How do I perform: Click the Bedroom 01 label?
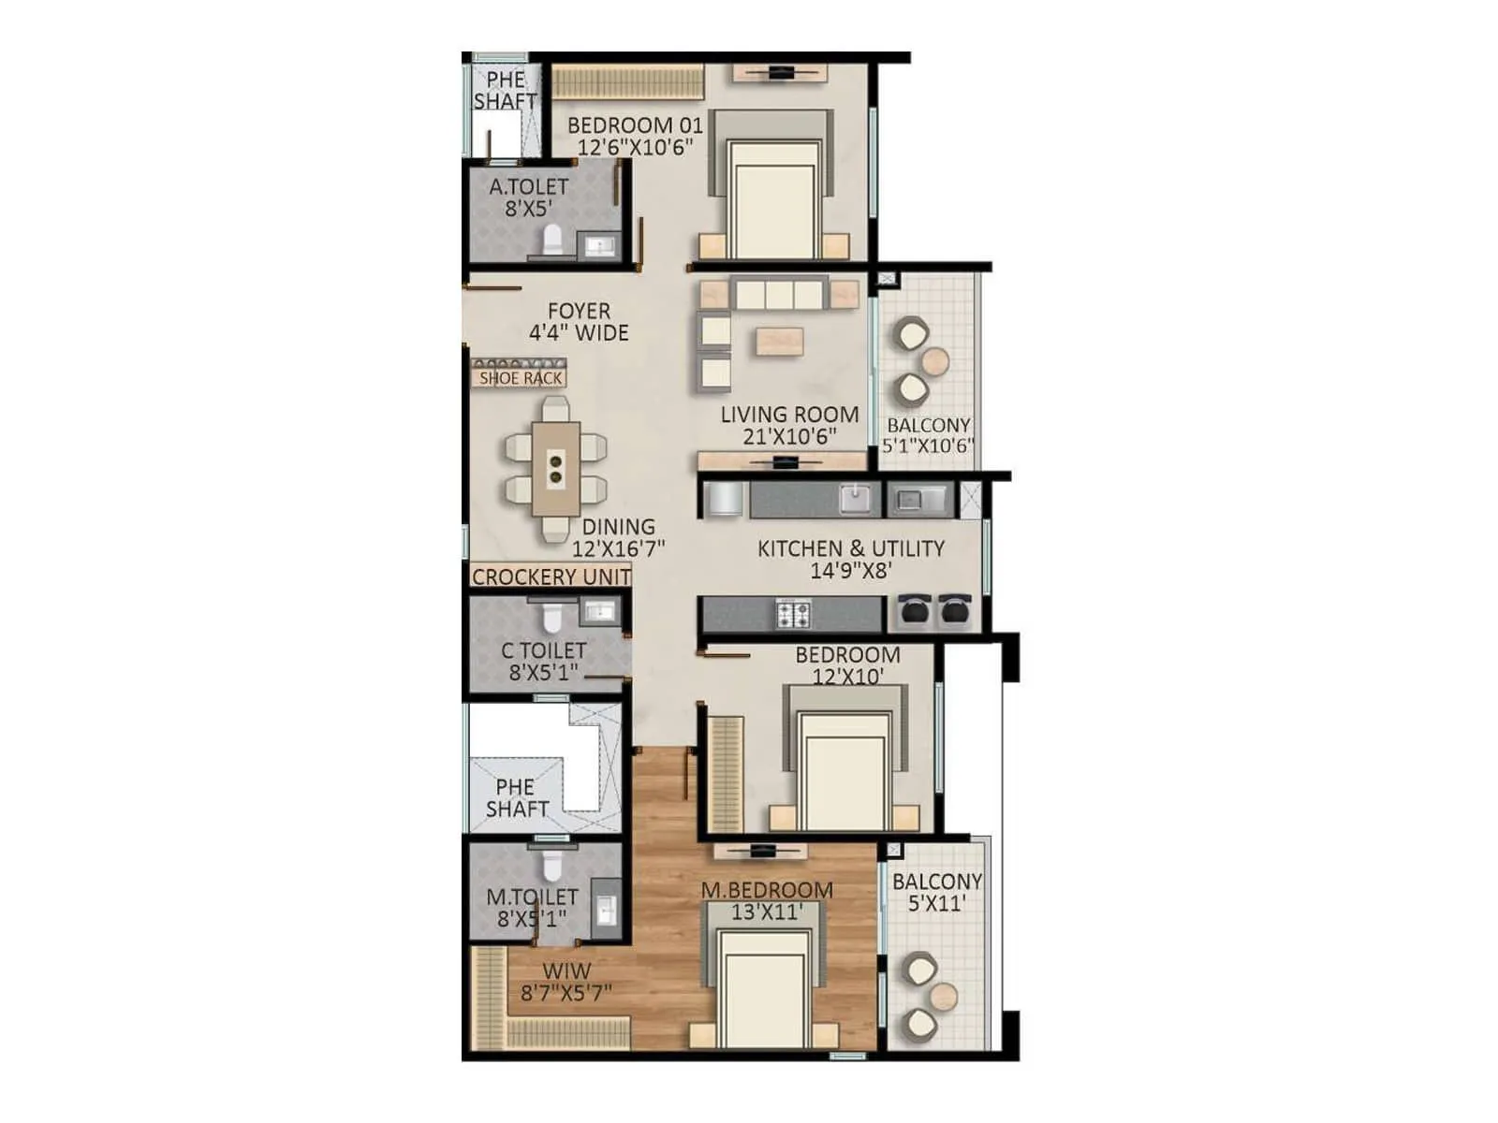[x=634, y=125]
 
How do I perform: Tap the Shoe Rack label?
[x=521, y=378]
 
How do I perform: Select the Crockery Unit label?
[x=551, y=577]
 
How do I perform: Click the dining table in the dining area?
[x=555, y=468]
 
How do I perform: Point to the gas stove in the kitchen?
[x=793, y=615]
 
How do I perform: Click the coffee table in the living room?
[x=780, y=342]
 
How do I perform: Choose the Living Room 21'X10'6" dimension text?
[x=789, y=437]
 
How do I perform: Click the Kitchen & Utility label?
[x=850, y=548]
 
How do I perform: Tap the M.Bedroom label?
[x=767, y=890]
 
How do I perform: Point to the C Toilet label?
[x=544, y=650]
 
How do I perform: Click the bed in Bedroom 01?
[x=773, y=198]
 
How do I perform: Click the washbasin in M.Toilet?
[x=606, y=908]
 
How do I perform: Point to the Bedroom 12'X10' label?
[x=847, y=655]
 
